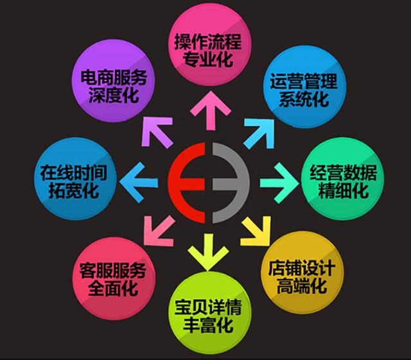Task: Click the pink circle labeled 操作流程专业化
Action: (210, 44)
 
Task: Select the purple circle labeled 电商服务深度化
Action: (113, 81)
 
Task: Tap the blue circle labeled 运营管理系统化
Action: (305, 87)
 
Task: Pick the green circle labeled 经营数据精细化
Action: (342, 179)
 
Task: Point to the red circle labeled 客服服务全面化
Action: (114, 278)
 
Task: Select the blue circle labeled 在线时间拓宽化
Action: (76, 179)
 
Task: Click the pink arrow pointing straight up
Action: (211, 111)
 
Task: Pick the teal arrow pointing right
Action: (279, 183)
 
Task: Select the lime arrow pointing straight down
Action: (208, 252)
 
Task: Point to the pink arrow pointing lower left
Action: (159, 231)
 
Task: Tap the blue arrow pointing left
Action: (139, 183)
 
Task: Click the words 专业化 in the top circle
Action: (207, 59)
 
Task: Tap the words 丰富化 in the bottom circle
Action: (207, 325)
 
